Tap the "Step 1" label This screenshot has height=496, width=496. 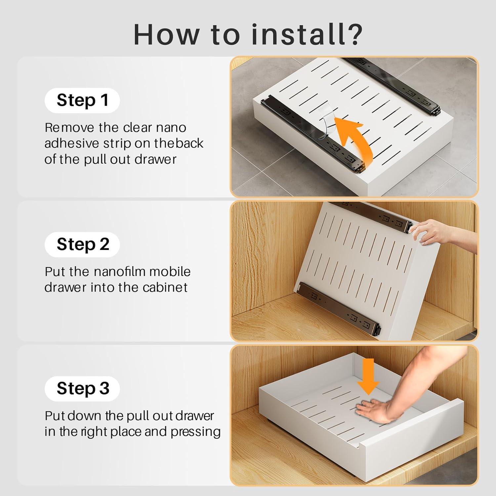(x=82, y=100)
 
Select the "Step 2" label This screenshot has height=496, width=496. (x=83, y=244)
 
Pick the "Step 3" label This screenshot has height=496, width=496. (x=83, y=388)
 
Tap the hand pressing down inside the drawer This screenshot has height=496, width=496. (x=374, y=410)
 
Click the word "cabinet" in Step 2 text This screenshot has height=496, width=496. (x=165, y=287)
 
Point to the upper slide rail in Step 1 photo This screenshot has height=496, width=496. (x=393, y=86)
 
